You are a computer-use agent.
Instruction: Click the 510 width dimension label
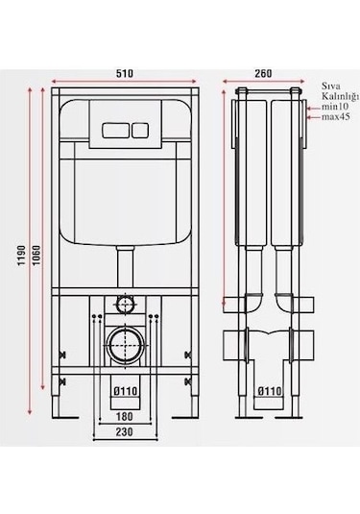[125, 73]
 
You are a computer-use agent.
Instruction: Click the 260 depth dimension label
[263, 73]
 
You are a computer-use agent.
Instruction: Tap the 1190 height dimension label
[21, 256]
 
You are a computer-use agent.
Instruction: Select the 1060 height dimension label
[36, 256]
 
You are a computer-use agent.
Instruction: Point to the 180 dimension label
[125, 416]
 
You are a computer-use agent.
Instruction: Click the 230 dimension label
[125, 432]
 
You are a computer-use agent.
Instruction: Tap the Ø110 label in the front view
[126, 391]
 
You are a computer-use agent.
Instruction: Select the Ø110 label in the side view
[270, 391]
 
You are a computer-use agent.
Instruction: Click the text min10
[335, 107]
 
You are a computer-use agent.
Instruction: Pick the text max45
[336, 116]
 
